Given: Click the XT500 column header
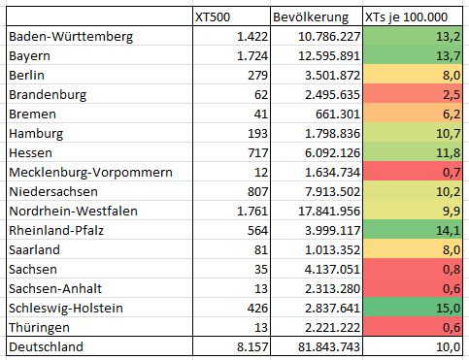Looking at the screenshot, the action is tap(213, 17).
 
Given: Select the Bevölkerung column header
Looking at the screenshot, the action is tap(311, 17).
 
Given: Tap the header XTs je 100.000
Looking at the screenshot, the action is tap(406, 17).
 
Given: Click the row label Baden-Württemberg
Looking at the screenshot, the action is tap(71, 37).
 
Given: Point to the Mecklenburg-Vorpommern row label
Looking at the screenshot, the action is tap(90, 173).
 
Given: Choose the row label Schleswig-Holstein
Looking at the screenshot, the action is tap(66, 309).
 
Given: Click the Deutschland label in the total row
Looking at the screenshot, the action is tap(46, 346).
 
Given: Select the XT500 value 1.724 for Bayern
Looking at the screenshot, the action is tap(252, 56).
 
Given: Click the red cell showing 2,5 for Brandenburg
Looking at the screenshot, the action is tap(413, 94).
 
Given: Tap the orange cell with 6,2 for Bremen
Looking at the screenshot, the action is tap(413, 114).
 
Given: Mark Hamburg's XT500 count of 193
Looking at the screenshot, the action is tap(257, 134).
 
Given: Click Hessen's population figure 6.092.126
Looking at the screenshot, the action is tap(332, 153).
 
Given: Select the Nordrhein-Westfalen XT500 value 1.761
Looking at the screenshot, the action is tap(252, 212).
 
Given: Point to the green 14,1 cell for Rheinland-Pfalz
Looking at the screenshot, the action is tap(413, 230).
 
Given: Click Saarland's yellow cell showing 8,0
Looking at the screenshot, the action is tap(413, 249).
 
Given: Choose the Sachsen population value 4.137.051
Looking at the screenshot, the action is tap(332, 270).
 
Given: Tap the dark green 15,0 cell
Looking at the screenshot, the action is tap(413, 308).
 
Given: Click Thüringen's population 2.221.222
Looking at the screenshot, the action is tap(332, 328).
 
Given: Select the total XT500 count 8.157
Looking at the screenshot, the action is tap(252, 347).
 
